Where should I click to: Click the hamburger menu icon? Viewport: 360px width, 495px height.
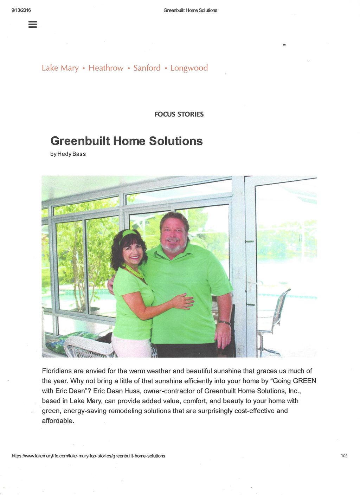coord(33,24)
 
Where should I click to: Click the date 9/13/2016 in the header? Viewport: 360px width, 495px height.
coord(21,10)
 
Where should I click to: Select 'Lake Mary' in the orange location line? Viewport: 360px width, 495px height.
coord(60,68)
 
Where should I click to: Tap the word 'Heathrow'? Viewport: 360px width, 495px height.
coord(106,68)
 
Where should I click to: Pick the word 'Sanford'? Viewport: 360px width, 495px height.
coord(147,68)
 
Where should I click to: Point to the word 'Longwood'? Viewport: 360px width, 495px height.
coord(189,68)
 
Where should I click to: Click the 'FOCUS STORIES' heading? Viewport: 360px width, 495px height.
coord(179,114)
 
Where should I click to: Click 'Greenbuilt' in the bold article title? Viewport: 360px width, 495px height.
coord(80,141)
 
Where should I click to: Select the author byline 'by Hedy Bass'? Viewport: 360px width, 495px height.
coord(68,154)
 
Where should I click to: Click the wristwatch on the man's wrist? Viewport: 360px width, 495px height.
coord(224,322)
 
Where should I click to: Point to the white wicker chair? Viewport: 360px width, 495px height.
coord(88,346)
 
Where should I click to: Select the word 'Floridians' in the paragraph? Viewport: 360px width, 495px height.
coord(57,371)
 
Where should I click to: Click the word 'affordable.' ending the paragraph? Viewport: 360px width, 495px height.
coord(58,421)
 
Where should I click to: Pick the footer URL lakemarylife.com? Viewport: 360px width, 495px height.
coord(88,456)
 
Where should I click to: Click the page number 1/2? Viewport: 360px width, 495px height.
coord(343,456)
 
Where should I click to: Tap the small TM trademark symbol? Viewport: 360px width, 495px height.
coord(284,45)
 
